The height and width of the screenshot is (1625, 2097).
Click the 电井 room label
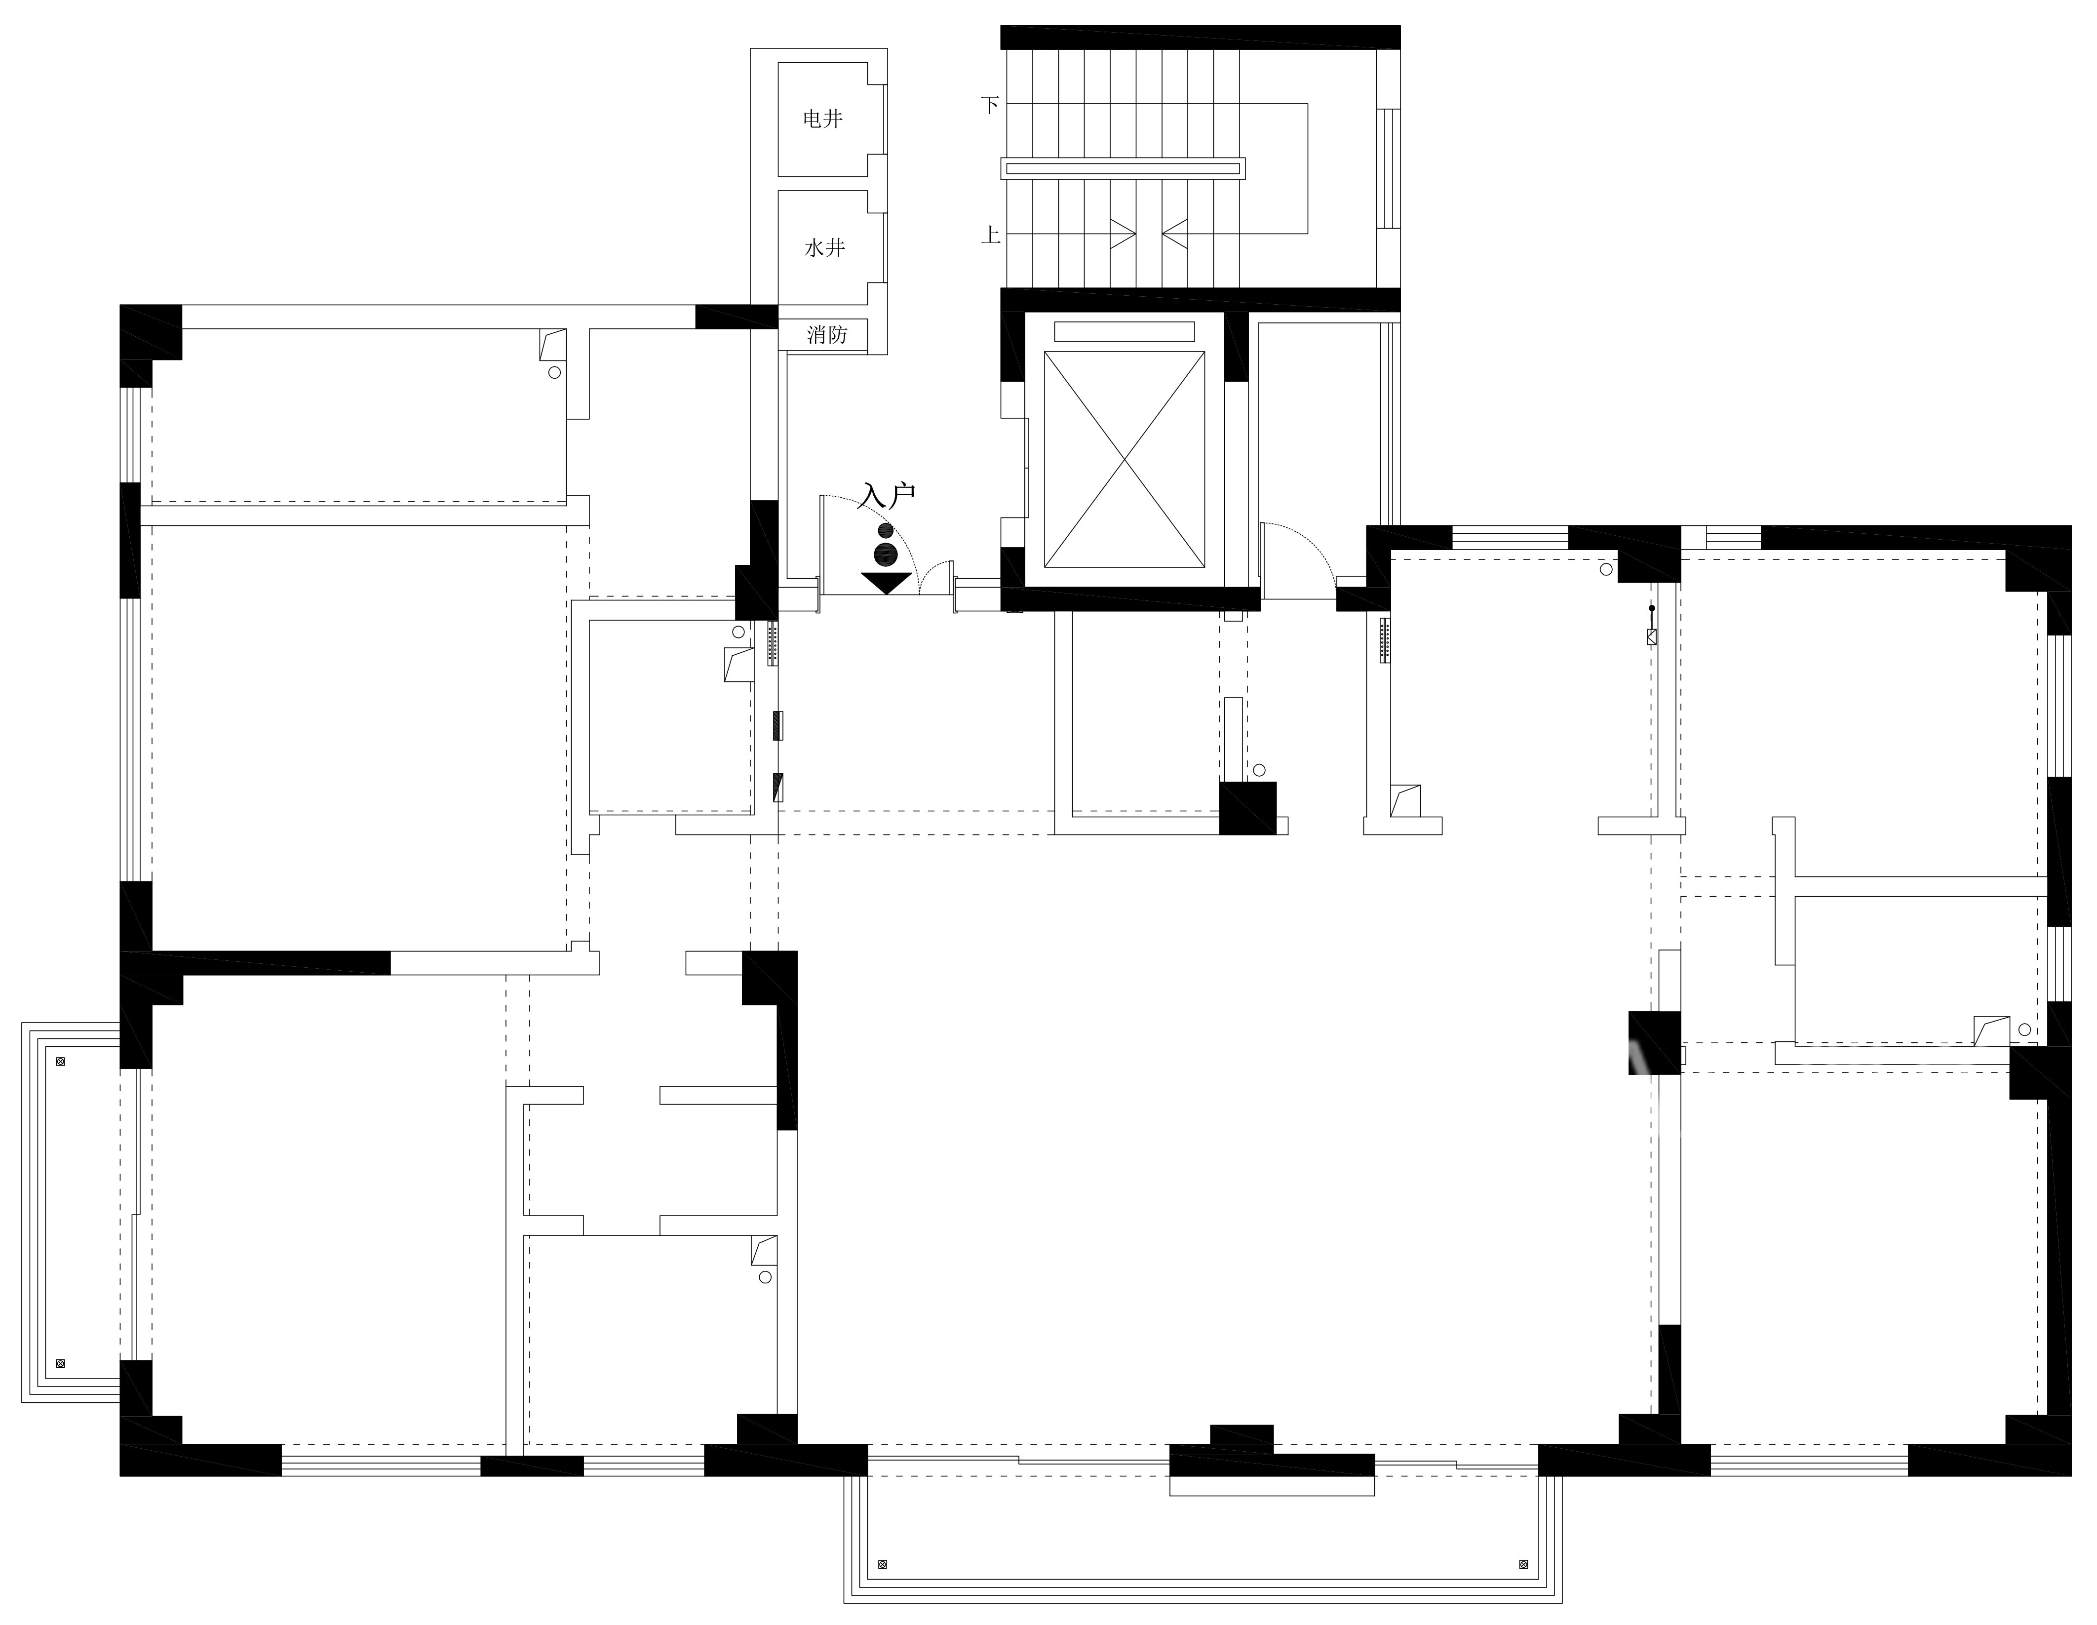[823, 119]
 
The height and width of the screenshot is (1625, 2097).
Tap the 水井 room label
[824, 248]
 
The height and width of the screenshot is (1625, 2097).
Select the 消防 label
[827, 334]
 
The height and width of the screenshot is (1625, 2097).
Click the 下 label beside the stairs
[990, 105]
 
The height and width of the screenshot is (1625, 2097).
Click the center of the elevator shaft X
[1124, 459]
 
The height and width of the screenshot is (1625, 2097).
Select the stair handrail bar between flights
[1123, 168]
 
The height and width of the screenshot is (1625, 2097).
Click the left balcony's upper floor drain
[61, 1061]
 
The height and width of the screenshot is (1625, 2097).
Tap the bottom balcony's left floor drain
[883, 1564]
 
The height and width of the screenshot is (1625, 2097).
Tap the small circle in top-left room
[554, 372]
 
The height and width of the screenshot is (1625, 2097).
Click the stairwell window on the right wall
[1388, 168]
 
